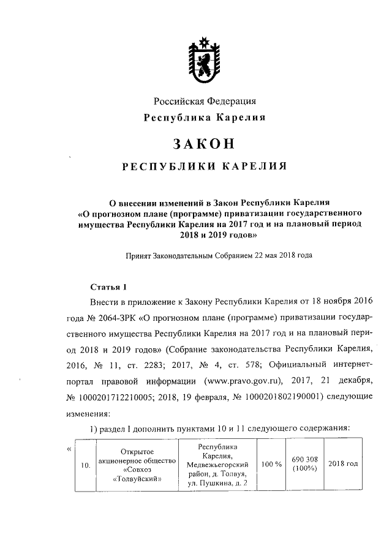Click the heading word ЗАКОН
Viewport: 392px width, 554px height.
(x=204, y=143)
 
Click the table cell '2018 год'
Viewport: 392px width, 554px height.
(x=343, y=463)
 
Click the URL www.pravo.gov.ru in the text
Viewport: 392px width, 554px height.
(x=242, y=378)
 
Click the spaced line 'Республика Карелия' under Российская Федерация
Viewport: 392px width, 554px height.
(x=204, y=118)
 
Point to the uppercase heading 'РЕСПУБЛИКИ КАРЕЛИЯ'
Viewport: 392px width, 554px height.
(x=204, y=166)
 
